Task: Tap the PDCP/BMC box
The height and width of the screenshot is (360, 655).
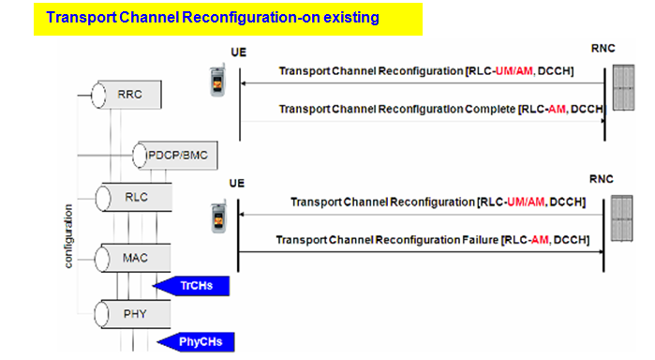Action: pos(169,153)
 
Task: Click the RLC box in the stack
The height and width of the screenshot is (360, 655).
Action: pos(136,198)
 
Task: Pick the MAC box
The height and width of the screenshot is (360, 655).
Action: pos(136,254)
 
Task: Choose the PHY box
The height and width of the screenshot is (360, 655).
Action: pos(136,309)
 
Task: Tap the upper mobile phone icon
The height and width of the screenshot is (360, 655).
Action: pos(217,82)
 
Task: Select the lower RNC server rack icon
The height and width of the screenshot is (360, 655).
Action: pos(619,219)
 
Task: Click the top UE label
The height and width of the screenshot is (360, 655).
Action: pos(236,54)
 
